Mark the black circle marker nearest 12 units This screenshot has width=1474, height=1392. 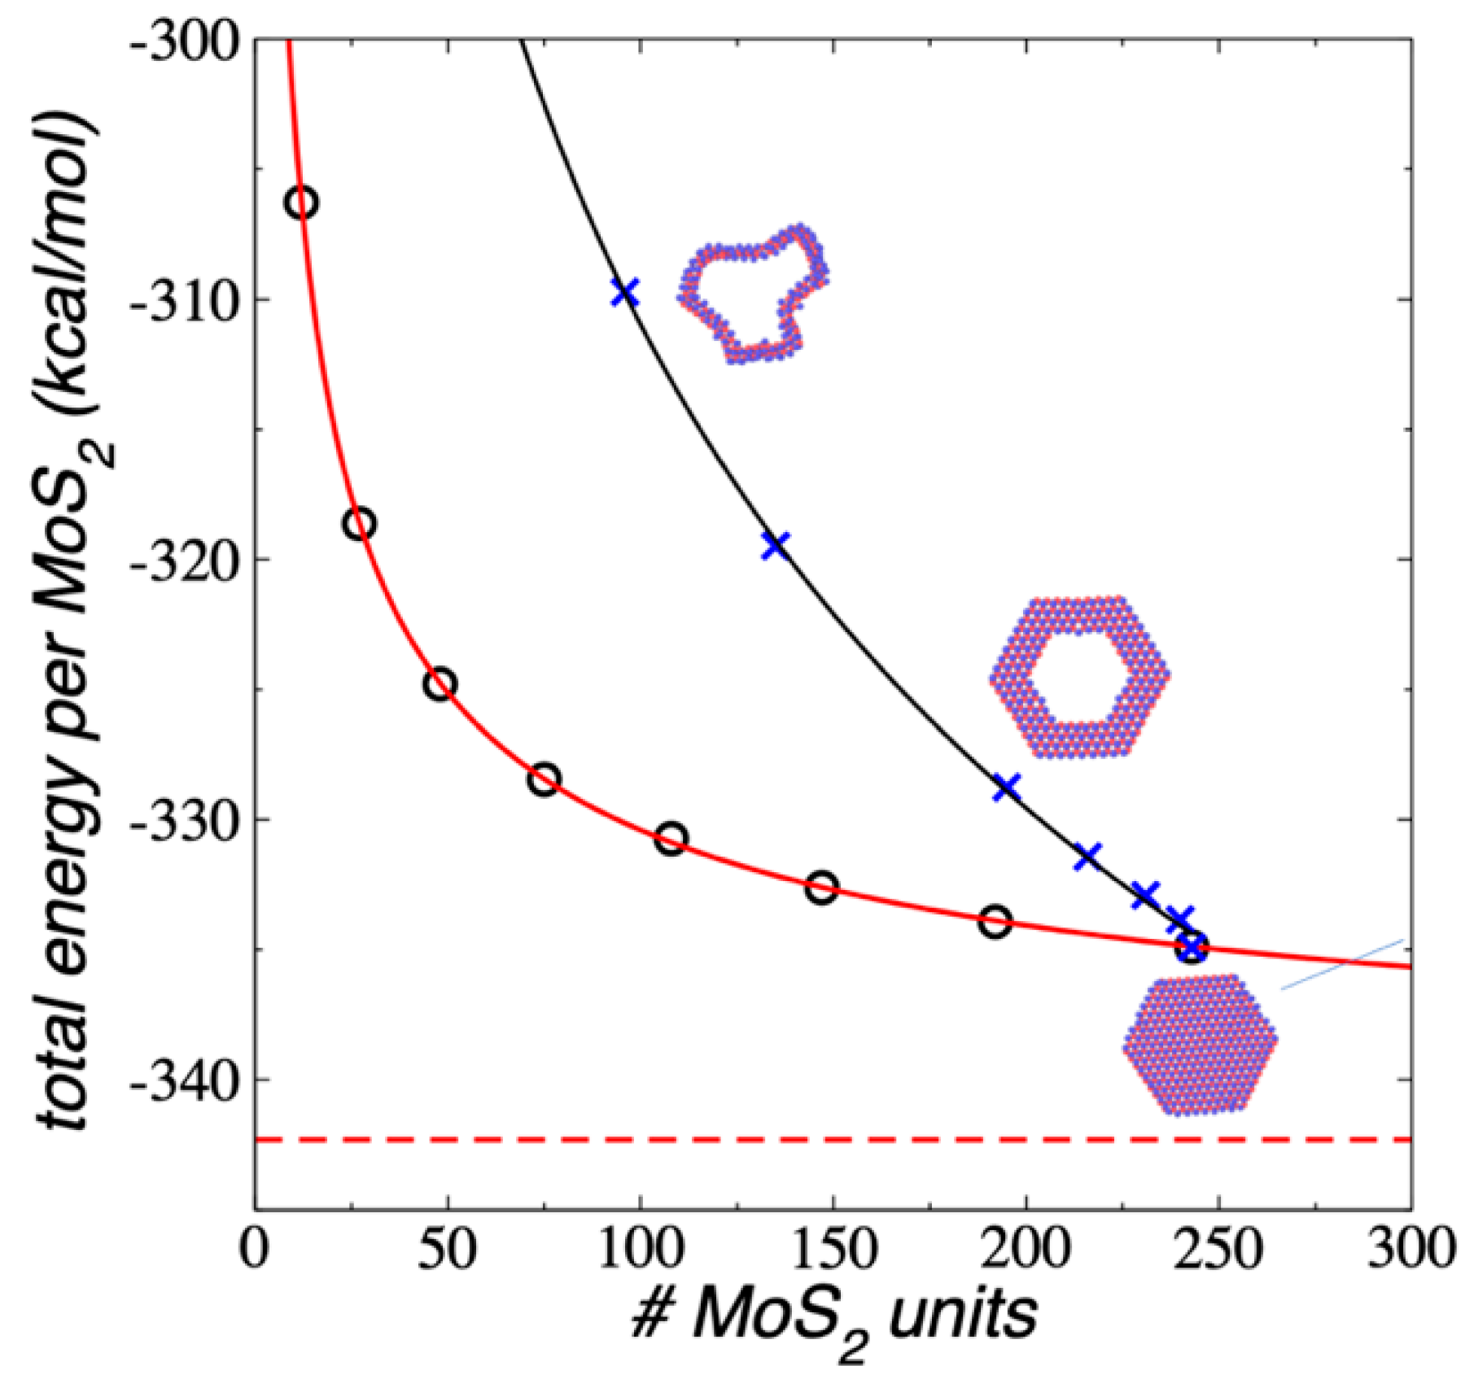tap(302, 202)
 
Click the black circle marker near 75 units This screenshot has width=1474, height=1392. tap(545, 779)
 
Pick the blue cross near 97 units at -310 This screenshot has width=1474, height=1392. tap(625, 292)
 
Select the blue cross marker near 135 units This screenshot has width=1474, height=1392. tap(776, 545)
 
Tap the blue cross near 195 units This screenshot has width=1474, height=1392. tap(1007, 787)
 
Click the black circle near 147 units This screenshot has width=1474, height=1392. tap(822, 887)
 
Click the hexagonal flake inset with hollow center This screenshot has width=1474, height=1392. tap(1080, 677)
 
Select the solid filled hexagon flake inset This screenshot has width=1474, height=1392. tap(1201, 1045)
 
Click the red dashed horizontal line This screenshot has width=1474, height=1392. tap(814, 1140)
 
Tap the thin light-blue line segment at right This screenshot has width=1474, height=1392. tap(1343, 965)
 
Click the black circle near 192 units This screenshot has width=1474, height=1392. tap(995, 922)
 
